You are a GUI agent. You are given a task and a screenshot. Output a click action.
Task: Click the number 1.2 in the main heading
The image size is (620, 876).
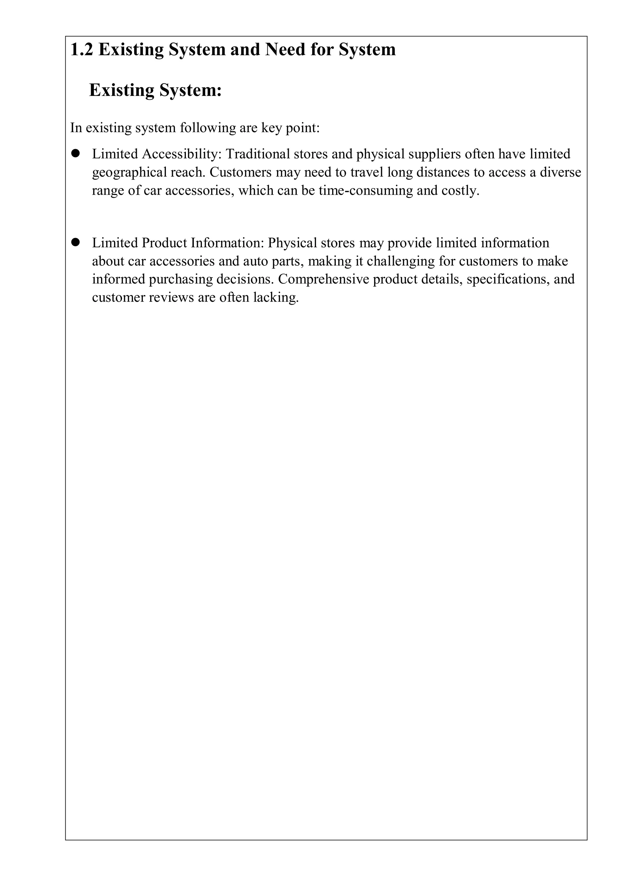(82, 50)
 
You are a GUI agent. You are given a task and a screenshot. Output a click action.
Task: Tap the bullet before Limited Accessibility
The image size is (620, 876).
(75, 153)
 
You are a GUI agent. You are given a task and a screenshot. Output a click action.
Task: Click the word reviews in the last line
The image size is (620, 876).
(171, 297)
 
